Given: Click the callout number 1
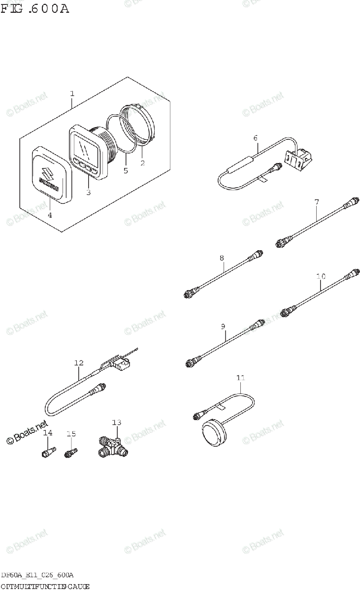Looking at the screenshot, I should [72, 93].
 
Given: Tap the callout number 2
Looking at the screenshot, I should [142, 163].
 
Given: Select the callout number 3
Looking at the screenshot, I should [88, 192].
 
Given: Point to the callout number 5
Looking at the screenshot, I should [126, 170].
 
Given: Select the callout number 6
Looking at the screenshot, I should [256, 138].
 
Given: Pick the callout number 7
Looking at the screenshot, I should [317, 202].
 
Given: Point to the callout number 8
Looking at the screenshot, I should [222, 258].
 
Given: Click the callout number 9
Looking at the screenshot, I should [223, 326].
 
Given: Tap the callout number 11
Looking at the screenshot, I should [240, 378].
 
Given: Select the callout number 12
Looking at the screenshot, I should [79, 363].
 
